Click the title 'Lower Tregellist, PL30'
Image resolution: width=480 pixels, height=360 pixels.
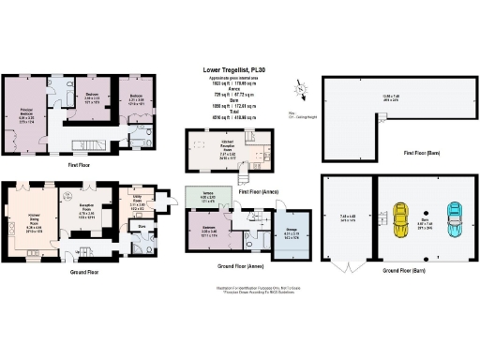click(x=240, y=68)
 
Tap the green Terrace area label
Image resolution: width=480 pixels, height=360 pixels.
click(x=208, y=198)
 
